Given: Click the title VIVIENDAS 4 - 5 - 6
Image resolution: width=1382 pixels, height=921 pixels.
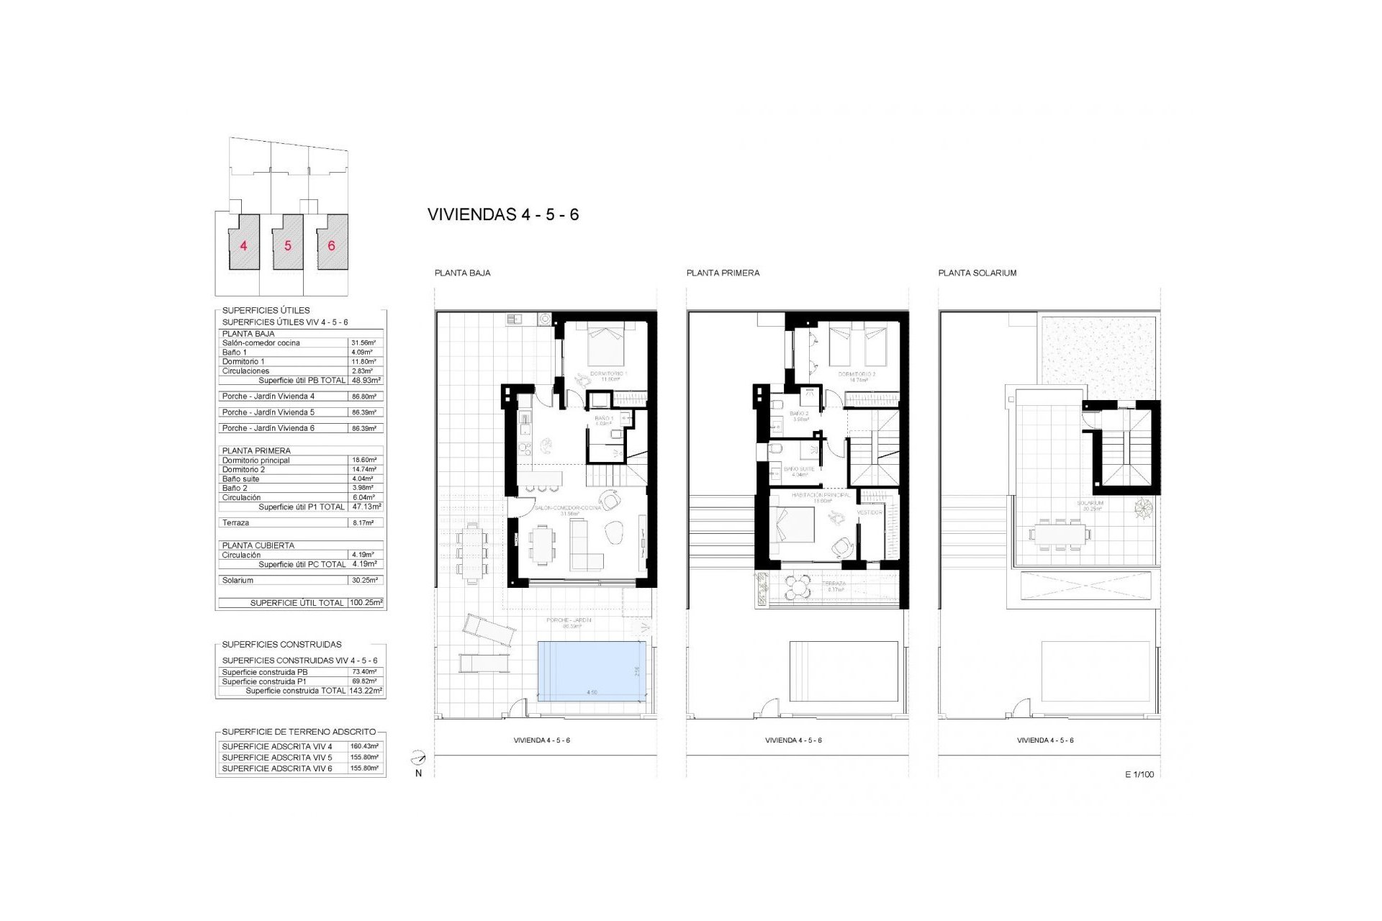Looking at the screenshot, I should (502, 214).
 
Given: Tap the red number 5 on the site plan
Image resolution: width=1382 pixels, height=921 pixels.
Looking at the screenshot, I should (288, 246).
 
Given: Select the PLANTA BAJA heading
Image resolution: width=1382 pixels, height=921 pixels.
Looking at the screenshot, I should (462, 273).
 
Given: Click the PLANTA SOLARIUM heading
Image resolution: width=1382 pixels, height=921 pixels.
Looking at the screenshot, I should (977, 273).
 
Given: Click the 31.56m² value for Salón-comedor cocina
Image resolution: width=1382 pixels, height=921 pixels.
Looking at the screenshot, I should (363, 343).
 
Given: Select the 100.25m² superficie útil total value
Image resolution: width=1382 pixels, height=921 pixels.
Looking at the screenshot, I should (366, 603).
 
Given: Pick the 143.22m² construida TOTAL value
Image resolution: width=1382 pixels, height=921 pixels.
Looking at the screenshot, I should (366, 691).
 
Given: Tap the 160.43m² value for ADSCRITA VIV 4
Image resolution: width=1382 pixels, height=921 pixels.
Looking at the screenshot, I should (364, 747).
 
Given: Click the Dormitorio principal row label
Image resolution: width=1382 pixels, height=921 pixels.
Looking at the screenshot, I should (256, 460).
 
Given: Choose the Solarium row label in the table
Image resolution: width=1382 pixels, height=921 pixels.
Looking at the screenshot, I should (238, 580).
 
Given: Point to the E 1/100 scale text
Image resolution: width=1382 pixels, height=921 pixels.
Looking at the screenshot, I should (1139, 775).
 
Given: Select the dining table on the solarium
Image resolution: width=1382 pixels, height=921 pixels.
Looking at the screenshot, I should (1057, 535).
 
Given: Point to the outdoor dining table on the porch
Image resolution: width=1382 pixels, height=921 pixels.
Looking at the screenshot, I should (473, 550).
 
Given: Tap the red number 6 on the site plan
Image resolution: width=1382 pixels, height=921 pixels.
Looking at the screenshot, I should (331, 246).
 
